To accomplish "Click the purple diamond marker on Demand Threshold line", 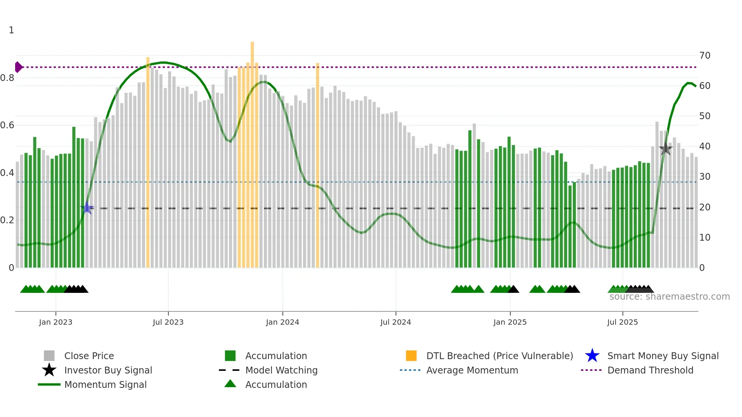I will pyautogui.click(x=18, y=67).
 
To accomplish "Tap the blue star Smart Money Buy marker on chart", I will pyautogui.click(x=87, y=208).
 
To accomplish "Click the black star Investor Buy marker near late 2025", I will pyautogui.click(x=666, y=149).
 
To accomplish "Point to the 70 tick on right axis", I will pyautogui.click(x=705, y=56).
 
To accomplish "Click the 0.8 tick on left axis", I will pyautogui.click(x=7, y=78).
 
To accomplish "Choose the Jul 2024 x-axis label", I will pyautogui.click(x=396, y=322).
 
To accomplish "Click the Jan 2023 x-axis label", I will pyautogui.click(x=56, y=322).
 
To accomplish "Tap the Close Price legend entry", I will pyautogui.click(x=89, y=356).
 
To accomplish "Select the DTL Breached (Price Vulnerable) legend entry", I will pyautogui.click(x=499, y=356).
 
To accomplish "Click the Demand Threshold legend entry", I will pyautogui.click(x=650, y=370).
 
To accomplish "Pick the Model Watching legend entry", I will pyautogui.click(x=281, y=370).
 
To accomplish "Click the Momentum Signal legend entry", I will pyautogui.click(x=105, y=384).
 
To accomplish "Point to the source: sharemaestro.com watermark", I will pyautogui.click(x=669, y=297).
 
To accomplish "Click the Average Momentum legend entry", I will pyautogui.click(x=472, y=370).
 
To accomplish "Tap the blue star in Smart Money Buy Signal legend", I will pyautogui.click(x=592, y=356).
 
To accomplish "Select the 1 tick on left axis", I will pyautogui.click(x=11, y=30).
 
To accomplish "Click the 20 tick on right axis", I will pyautogui.click(x=705, y=207).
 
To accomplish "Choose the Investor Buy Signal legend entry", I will pyautogui.click(x=108, y=370).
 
